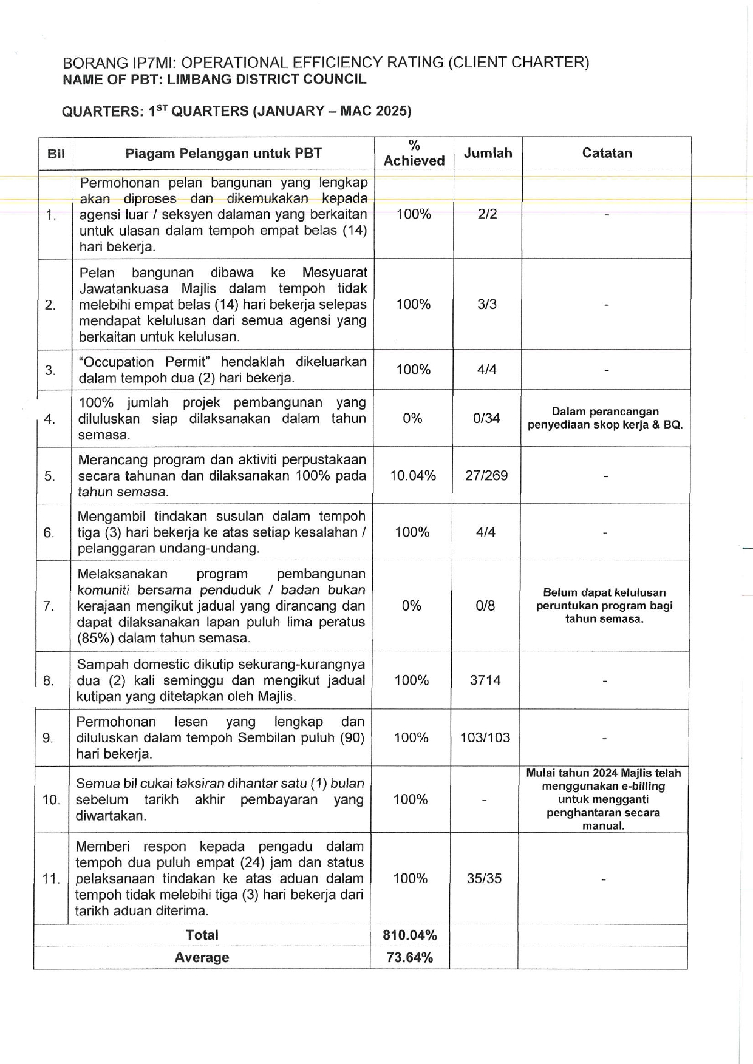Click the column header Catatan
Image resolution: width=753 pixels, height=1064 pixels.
[607, 153]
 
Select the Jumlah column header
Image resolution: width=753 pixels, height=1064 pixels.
[488, 153]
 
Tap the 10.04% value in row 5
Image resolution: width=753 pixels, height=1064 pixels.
[413, 475]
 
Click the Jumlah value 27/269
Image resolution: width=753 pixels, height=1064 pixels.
[486, 475]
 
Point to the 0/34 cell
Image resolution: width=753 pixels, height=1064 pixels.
[486, 418]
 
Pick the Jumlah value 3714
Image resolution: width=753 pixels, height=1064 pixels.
[485, 680]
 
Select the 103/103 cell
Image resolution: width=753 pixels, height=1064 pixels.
[485, 737]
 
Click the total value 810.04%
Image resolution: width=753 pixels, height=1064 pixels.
[410, 935]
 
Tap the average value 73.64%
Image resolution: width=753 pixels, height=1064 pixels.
[410, 957]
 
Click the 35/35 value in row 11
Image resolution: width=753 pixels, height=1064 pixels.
[485, 878]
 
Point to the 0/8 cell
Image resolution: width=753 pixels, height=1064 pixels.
[486, 606]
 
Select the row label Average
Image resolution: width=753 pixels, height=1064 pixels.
[202, 957]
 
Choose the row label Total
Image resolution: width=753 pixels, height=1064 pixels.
[202, 935]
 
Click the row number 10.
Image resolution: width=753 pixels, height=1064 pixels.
[51, 799]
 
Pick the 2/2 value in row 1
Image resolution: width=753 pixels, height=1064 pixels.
[487, 214]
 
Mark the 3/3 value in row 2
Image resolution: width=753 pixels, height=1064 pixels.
[487, 304]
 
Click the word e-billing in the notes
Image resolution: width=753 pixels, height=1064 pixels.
[643, 786]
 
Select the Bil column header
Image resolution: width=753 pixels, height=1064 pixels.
[56, 154]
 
